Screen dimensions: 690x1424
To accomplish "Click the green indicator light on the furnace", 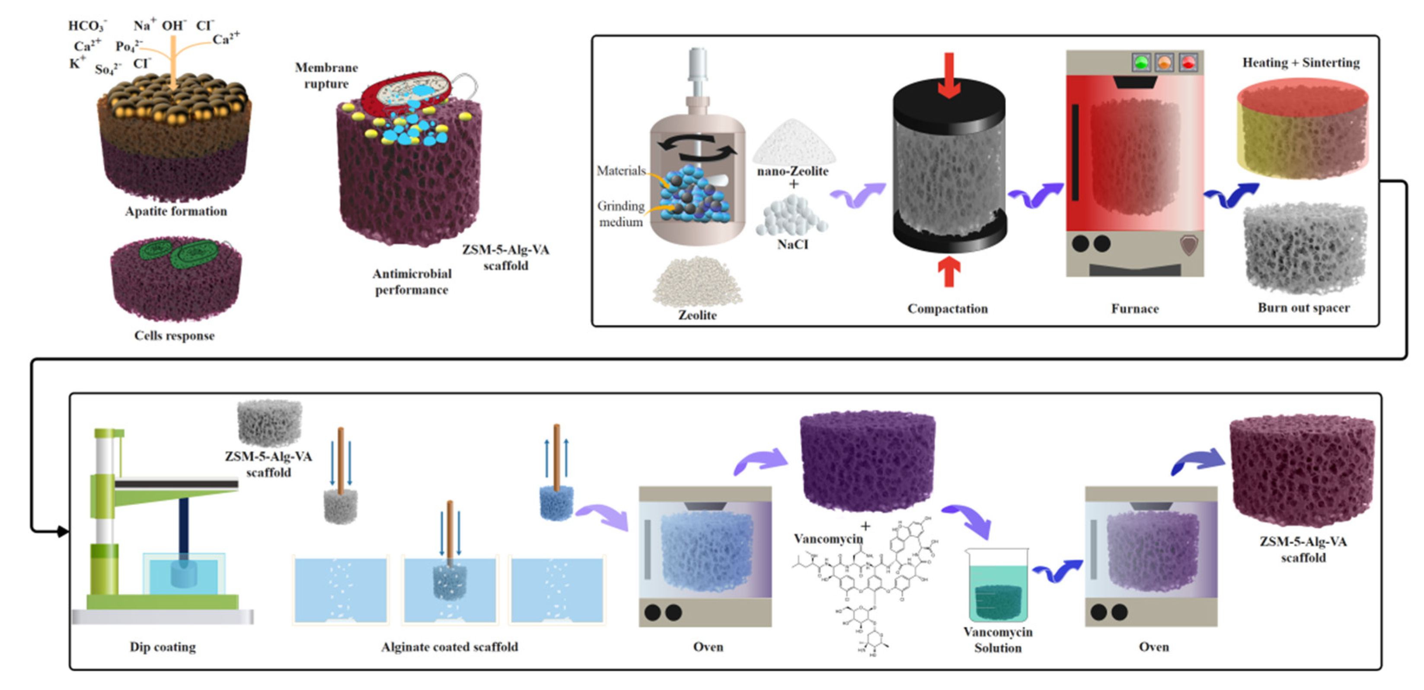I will [x=1141, y=63].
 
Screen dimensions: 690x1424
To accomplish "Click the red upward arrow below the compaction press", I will [x=948, y=272].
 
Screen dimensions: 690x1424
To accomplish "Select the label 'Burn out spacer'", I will [x=1303, y=308].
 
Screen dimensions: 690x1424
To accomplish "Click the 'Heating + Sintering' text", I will [x=1301, y=63].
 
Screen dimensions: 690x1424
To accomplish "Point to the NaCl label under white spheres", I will [x=792, y=244].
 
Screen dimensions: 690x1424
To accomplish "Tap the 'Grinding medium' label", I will [x=621, y=214].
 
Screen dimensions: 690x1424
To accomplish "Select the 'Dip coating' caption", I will [x=163, y=647].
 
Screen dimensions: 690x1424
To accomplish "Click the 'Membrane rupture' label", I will [x=326, y=76].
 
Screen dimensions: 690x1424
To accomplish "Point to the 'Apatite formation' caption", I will [x=176, y=211].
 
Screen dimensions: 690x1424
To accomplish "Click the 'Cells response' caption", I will [x=174, y=335].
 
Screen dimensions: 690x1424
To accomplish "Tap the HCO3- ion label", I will [x=87, y=26].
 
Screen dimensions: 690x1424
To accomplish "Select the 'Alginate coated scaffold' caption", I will [x=450, y=647].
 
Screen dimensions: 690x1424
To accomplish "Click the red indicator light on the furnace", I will [x=1188, y=63].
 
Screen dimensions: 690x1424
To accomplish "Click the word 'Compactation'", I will [x=948, y=309].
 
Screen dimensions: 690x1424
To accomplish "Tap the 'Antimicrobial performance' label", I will [x=412, y=282].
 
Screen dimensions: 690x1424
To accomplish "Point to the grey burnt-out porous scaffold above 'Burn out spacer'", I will [x=1303, y=249].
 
